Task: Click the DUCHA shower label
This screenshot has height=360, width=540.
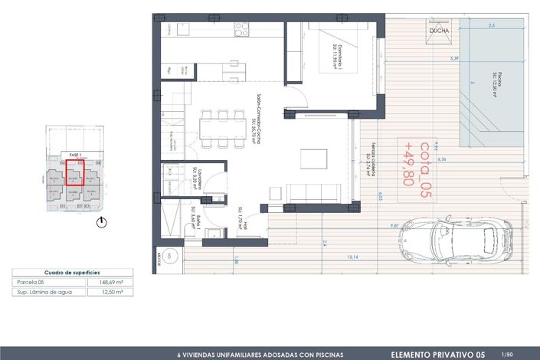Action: tap(440, 31)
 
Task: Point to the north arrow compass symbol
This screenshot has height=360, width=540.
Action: tap(103, 223)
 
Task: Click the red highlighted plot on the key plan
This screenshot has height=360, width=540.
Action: tap(74, 173)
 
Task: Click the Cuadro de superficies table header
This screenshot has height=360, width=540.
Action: tap(73, 272)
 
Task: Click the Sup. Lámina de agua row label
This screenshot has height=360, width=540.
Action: tap(42, 292)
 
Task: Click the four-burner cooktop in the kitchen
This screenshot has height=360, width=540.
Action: tap(243, 30)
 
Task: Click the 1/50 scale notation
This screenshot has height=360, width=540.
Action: tap(506, 355)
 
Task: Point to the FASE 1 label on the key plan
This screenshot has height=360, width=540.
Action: tap(75, 155)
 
